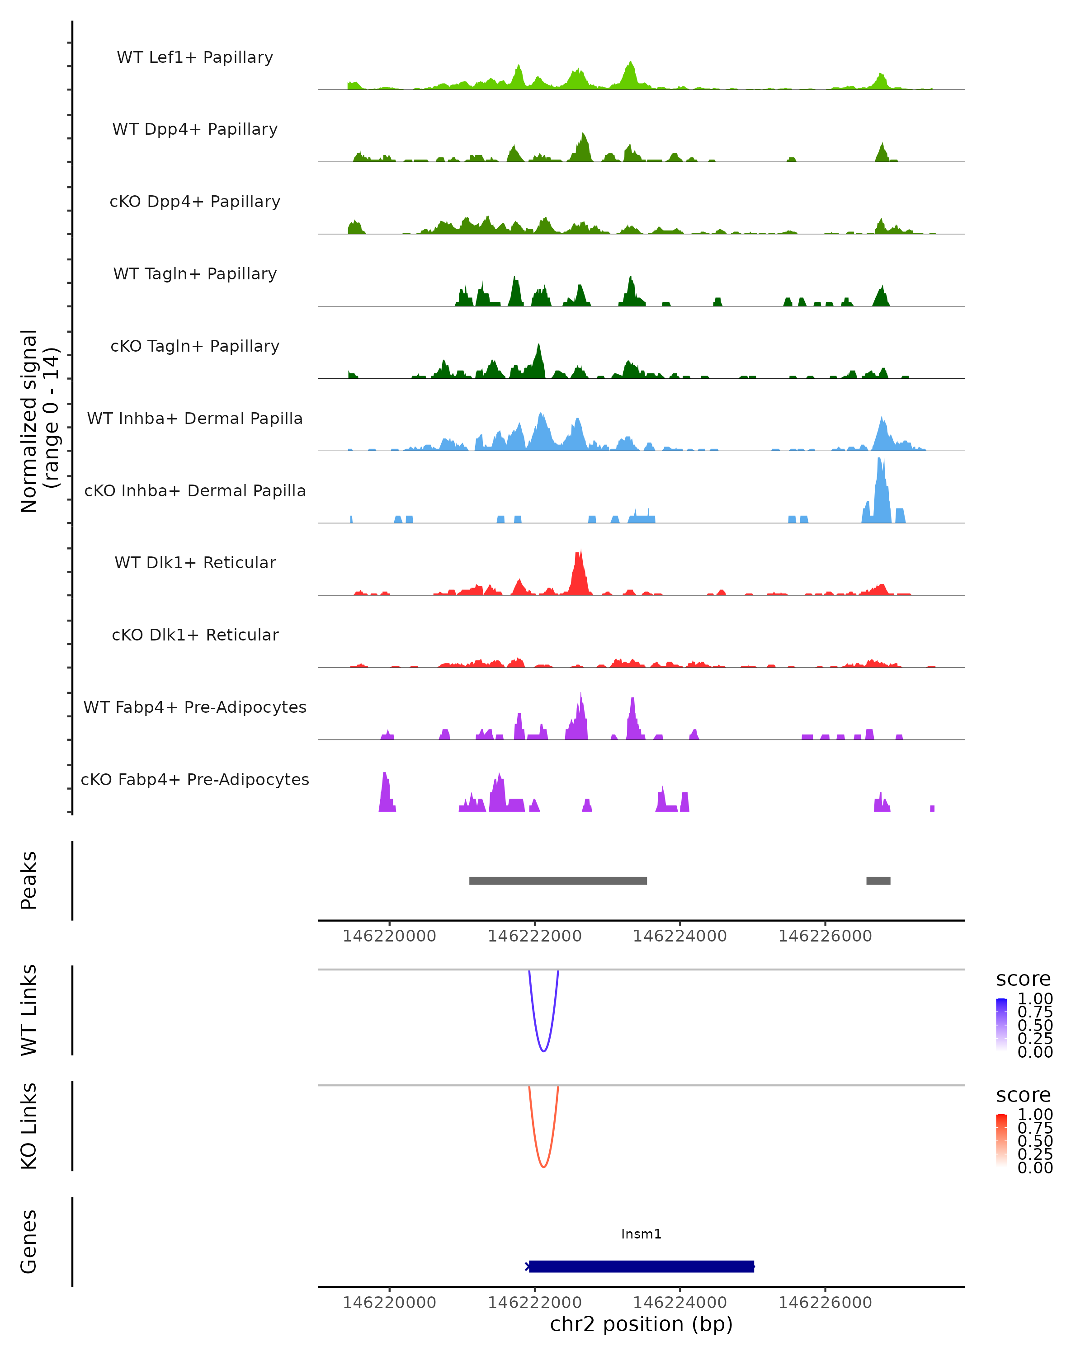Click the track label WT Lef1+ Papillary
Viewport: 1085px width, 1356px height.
point(195,57)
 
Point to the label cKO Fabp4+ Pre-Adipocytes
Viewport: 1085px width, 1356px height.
point(195,779)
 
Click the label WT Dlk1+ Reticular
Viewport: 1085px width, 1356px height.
point(195,562)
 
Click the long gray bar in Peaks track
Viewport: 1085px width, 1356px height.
point(558,880)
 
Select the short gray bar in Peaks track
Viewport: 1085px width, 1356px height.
point(878,880)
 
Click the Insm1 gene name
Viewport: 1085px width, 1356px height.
point(641,1234)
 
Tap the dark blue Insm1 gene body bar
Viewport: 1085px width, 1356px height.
point(641,1266)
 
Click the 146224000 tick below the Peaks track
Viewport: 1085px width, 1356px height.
point(680,936)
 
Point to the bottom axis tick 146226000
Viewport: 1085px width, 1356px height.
point(825,1303)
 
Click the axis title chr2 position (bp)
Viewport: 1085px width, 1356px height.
point(641,1324)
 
